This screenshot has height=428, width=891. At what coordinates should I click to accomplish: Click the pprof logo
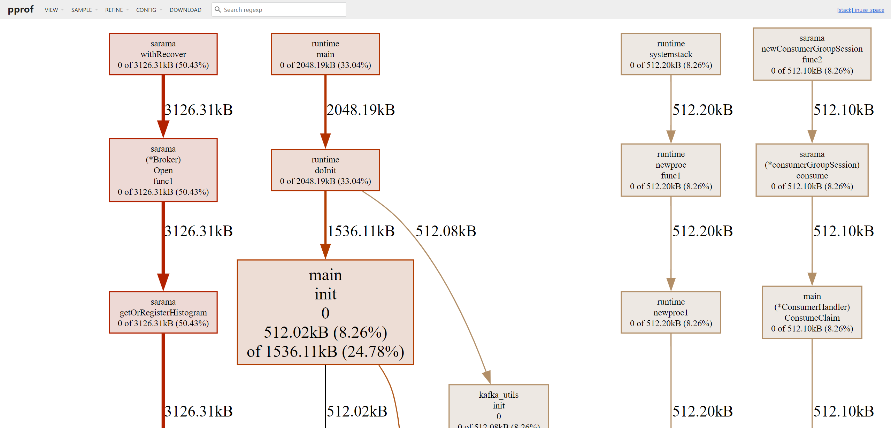click(21, 9)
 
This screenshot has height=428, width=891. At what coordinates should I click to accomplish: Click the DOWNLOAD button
click(185, 10)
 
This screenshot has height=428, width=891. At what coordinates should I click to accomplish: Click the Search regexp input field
click(282, 10)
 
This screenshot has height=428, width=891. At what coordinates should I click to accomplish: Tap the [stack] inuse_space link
click(860, 10)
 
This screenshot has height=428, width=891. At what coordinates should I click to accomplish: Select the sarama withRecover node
click(163, 54)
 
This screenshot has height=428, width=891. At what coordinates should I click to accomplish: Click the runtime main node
click(325, 54)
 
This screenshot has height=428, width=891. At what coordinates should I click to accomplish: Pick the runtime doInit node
click(325, 170)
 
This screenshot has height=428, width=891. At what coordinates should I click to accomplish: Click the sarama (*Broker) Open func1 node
click(163, 170)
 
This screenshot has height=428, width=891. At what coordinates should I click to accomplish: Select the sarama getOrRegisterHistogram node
click(163, 312)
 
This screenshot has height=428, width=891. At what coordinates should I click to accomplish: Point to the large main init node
click(325, 312)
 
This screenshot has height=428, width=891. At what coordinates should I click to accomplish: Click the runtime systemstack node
click(671, 54)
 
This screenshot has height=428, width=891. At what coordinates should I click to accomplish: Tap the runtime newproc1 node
click(671, 312)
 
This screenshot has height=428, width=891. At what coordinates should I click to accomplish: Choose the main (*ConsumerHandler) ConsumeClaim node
click(812, 312)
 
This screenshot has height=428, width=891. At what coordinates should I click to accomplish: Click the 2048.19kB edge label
click(361, 110)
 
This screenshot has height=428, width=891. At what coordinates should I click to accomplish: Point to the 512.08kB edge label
click(446, 231)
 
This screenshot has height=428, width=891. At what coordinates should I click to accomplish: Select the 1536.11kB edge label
click(361, 231)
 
